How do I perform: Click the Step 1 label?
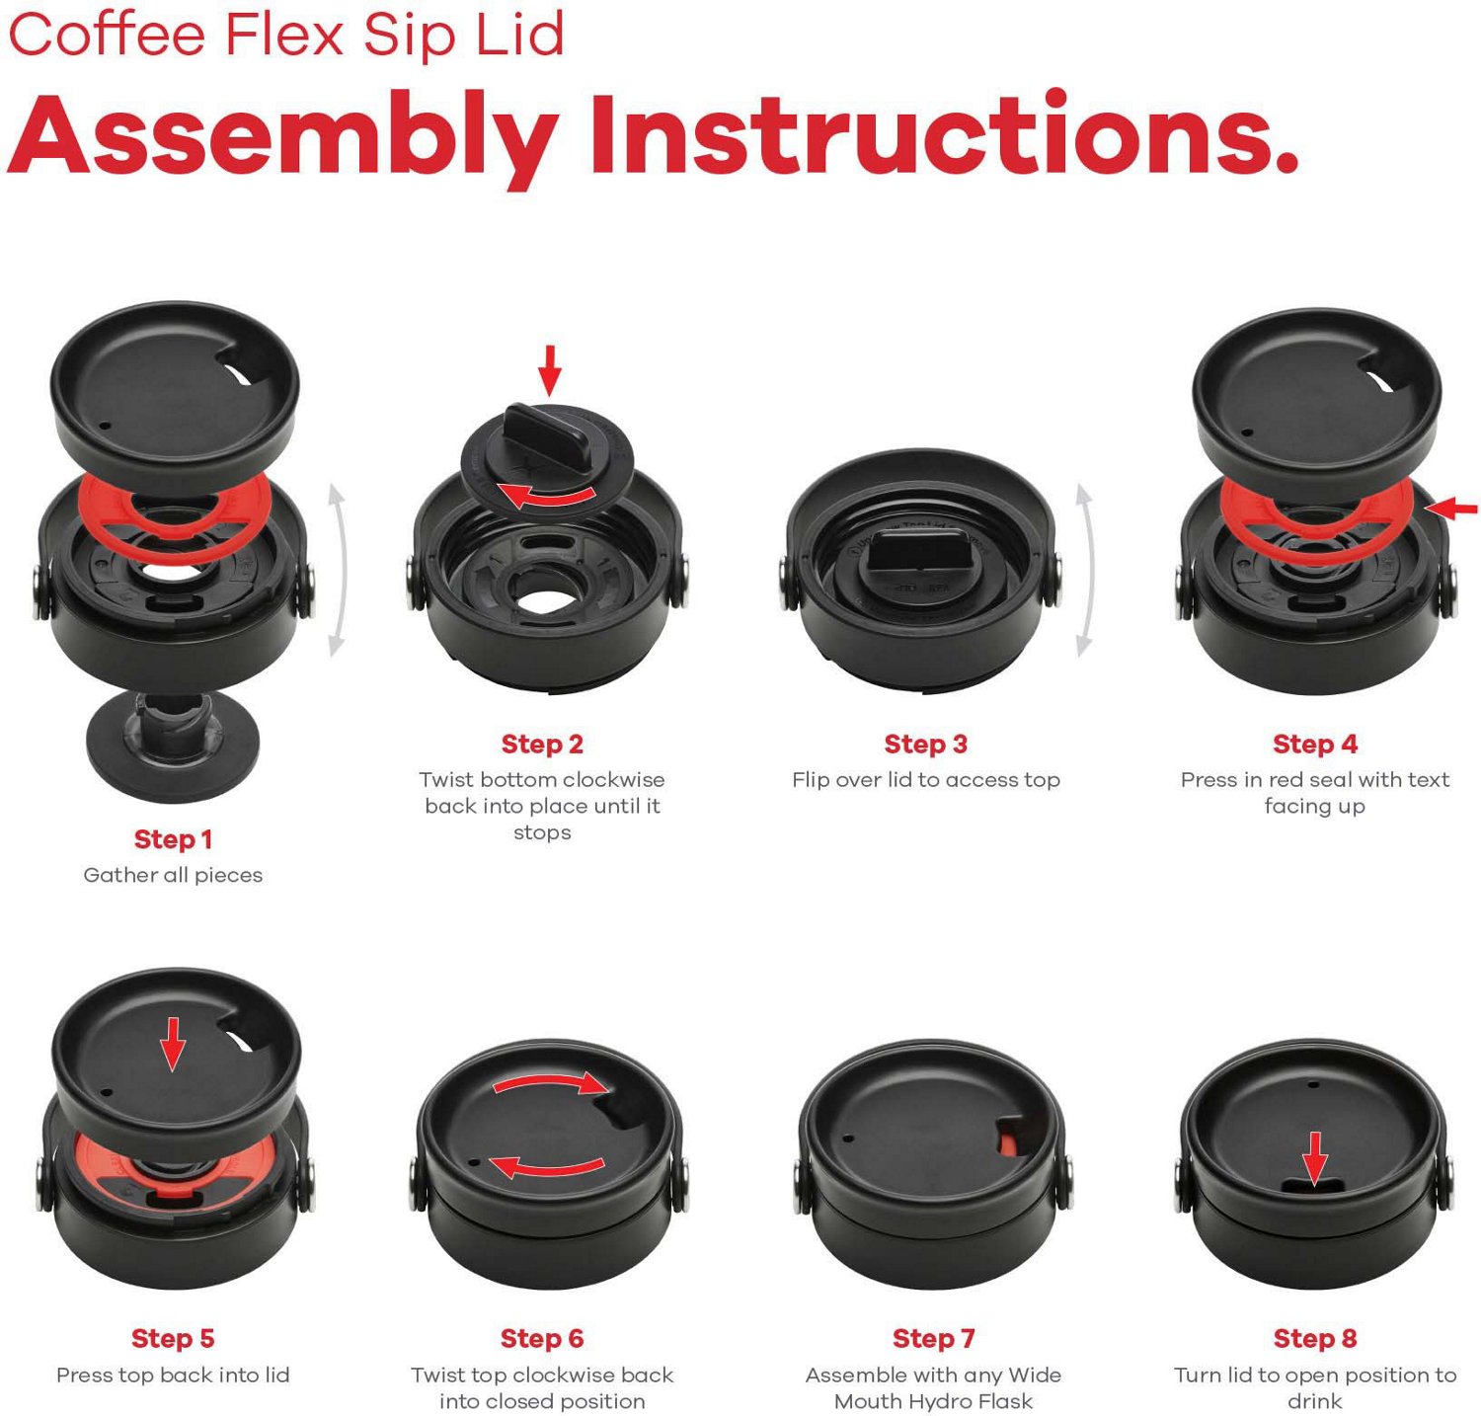173,839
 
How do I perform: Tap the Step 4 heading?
1314,744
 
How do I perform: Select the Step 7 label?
933,1338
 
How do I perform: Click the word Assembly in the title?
281,135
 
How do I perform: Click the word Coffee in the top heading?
106,35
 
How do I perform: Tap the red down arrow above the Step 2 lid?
550,369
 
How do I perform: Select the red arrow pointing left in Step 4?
1452,509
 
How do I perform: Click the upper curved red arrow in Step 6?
549,1083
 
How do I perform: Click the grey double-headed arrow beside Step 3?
1084,570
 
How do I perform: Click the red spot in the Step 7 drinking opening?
1008,1142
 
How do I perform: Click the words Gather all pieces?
173,875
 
